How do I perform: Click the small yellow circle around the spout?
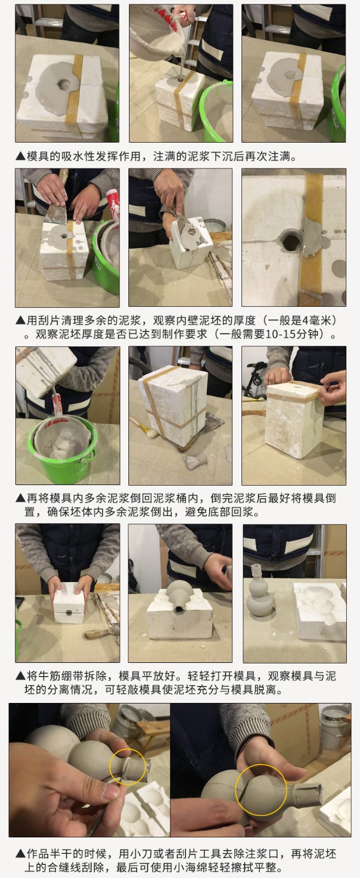point(127,767)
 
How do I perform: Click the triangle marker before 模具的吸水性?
point(20,156)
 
